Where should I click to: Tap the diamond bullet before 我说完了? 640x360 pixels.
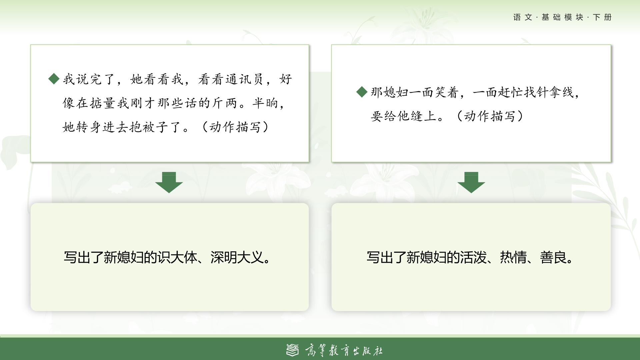pyautogui.click(x=54, y=79)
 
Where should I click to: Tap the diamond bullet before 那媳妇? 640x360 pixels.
pyautogui.click(x=362, y=92)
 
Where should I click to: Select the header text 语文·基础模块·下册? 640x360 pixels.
pyautogui.click(x=562, y=17)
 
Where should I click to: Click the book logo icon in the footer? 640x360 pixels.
pyautogui.click(x=293, y=350)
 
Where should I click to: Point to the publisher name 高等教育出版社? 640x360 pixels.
pyautogui.click(x=344, y=350)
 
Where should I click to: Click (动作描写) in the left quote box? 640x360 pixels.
pyautogui.click(x=235, y=127)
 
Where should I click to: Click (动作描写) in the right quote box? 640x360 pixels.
pyautogui.click(x=490, y=116)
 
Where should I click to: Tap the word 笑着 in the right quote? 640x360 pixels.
pyautogui.click(x=447, y=92)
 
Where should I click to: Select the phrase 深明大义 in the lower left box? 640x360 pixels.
pyautogui.click(x=237, y=257)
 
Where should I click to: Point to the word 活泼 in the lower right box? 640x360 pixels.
pyautogui.click(x=473, y=257)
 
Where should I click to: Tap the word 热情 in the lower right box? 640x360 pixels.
pyautogui.click(x=513, y=257)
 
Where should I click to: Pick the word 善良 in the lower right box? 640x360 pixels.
pyautogui.click(x=553, y=257)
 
